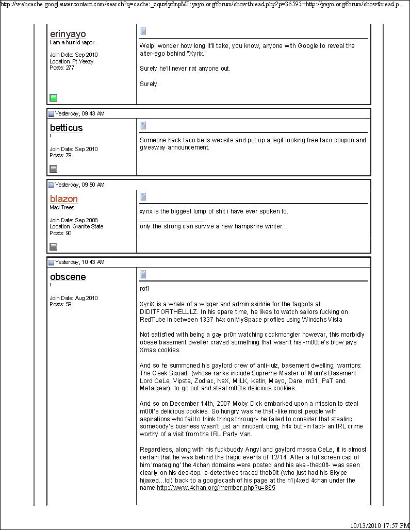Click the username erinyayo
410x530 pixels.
click(x=68, y=34)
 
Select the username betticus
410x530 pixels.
click(x=66, y=128)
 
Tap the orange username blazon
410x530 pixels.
click(x=64, y=199)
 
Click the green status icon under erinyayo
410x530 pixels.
click(x=53, y=97)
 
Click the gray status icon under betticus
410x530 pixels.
click(x=53, y=169)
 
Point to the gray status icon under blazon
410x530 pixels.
click(x=53, y=246)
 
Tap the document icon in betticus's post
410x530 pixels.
click(x=143, y=125)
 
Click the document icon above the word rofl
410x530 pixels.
click(x=143, y=274)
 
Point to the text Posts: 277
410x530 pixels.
click(x=62, y=68)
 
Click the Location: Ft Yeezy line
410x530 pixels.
click(x=72, y=61)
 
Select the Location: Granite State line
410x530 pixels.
click(x=76, y=226)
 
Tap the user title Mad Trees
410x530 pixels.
click(x=62, y=208)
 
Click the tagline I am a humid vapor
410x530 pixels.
click(x=73, y=43)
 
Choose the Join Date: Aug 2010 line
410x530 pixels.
click(x=74, y=298)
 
